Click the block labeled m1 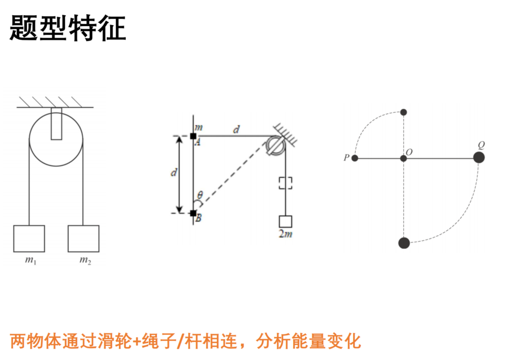(x=29, y=239)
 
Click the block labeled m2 (x=83, y=239)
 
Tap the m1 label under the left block (x=31, y=260)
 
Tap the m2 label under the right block (x=85, y=260)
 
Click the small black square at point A (x=193, y=136)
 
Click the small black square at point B (x=193, y=213)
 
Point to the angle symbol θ (x=200, y=195)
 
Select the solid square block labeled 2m (x=286, y=222)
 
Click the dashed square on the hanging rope (x=286, y=183)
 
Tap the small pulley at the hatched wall (x=276, y=145)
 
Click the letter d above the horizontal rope (x=237, y=129)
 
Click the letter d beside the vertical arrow (x=174, y=172)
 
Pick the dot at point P (x=355, y=158)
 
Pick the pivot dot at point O (x=403, y=158)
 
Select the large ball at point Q (x=479, y=157)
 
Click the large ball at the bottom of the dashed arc (x=404, y=243)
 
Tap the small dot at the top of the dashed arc (x=403, y=112)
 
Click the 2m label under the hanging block (x=286, y=234)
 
